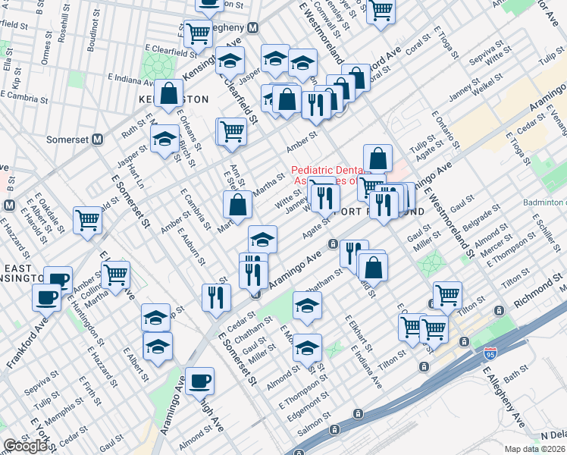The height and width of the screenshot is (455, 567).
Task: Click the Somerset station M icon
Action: pyautogui.click(x=96, y=140)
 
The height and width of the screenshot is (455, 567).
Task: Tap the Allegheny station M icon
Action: pyautogui.click(x=254, y=27)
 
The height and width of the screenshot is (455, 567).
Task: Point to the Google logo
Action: pyautogui.click(x=25, y=446)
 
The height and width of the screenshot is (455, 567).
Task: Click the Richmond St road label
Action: pyautogui.click(x=540, y=290)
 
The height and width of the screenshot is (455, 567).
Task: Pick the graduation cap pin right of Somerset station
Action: pyautogui.click(x=164, y=139)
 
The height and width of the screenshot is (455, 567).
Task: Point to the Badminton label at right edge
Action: pyautogui.click(x=544, y=202)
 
